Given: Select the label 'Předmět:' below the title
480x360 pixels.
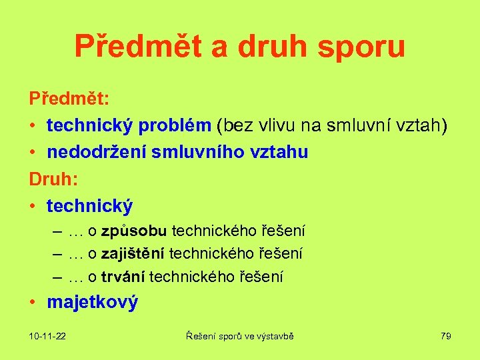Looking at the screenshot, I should coord(69,99).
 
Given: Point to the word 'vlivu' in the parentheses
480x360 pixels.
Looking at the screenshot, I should coord(267,125).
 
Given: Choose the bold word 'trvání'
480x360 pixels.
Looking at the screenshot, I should coord(123,276).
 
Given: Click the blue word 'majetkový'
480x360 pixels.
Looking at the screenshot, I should coord(92,302).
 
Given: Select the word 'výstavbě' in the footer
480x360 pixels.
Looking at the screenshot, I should coord(276,337).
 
